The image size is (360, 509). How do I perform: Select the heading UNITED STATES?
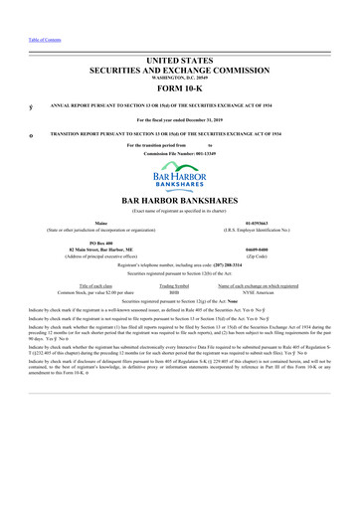tap(180, 35)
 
